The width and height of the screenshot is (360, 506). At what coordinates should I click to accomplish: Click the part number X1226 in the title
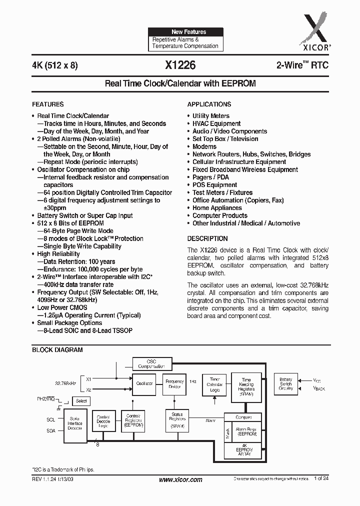[180, 65]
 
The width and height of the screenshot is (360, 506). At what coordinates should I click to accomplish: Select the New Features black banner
[185, 31]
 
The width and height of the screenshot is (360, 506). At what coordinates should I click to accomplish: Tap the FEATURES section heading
[48, 104]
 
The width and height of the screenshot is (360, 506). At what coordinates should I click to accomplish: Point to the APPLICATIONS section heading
[209, 104]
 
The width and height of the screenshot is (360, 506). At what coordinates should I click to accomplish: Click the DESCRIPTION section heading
[207, 238]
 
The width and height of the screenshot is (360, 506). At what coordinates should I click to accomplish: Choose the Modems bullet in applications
[204, 146]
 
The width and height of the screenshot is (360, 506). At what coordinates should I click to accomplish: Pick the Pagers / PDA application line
[210, 177]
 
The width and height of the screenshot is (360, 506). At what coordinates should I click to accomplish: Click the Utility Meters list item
[211, 116]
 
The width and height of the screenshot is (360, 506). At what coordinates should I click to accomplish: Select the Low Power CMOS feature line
[62, 308]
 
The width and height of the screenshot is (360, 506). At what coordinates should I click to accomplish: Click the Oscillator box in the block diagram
[144, 384]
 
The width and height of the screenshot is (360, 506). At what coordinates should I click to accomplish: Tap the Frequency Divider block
[174, 384]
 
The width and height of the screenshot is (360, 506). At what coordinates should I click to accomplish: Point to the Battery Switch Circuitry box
[286, 384]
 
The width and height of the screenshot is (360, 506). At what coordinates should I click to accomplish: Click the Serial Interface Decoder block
[75, 423]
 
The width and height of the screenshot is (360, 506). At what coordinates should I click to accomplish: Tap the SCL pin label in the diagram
[50, 419]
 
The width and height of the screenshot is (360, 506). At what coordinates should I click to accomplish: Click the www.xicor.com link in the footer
[180, 479]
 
